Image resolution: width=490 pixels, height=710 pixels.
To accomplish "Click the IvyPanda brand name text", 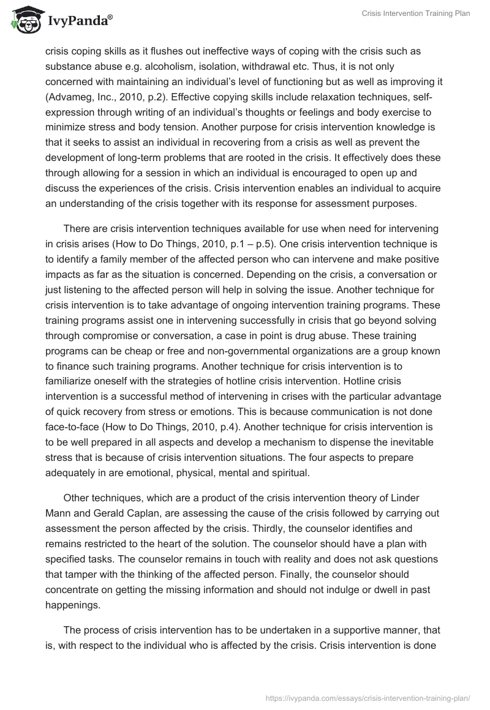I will (79, 21).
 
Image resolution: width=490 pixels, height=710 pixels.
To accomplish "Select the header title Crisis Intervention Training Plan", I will (415, 14).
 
